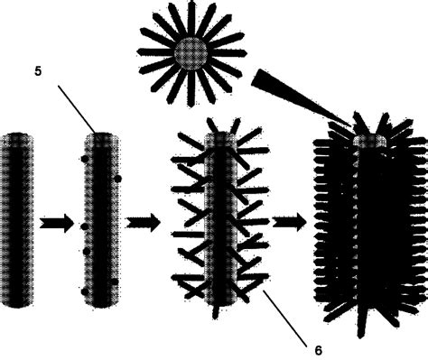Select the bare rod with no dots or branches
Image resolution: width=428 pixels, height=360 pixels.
(18, 217)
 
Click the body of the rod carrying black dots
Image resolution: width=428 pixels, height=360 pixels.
(101, 217)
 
